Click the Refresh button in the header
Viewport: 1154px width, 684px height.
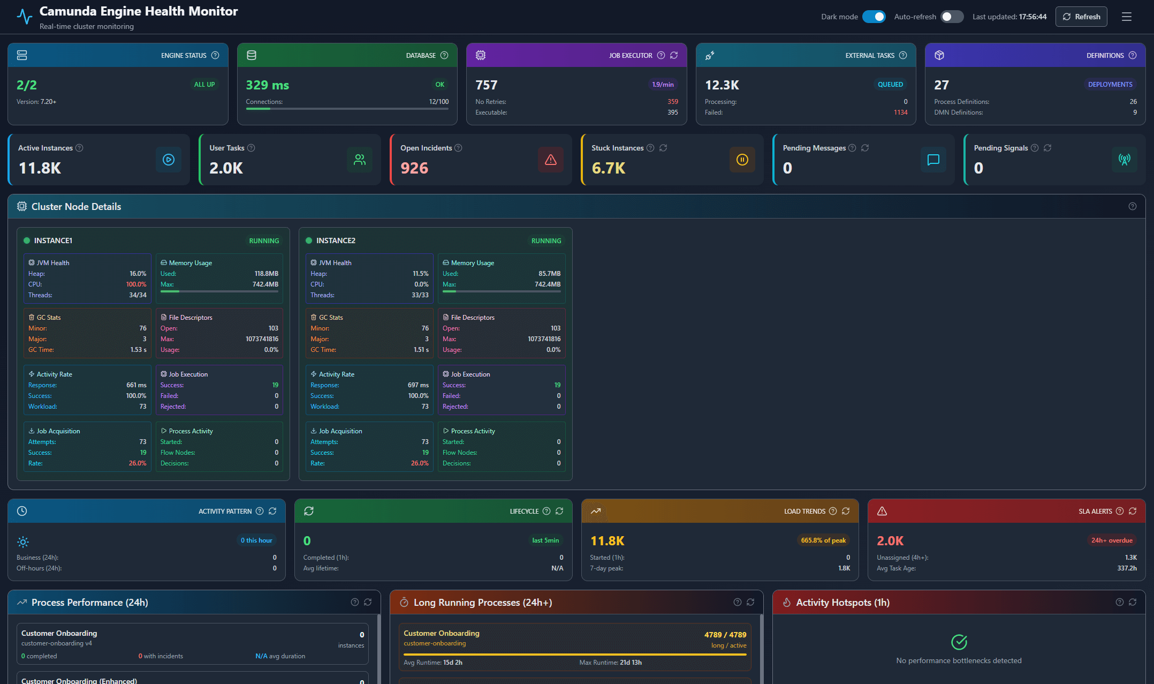click(1081, 17)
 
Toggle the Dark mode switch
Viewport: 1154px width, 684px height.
click(874, 17)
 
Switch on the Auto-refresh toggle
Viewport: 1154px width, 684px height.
click(952, 17)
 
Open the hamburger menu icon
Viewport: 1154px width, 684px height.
click(1126, 17)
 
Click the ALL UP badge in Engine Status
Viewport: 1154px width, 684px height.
click(204, 85)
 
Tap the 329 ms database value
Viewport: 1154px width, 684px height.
click(267, 85)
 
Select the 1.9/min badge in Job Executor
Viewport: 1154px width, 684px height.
click(663, 85)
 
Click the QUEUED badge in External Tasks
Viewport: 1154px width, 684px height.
click(890, 85)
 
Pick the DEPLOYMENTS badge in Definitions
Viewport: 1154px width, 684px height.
click(1110, 85)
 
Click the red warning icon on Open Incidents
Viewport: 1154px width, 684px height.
click(550, 160)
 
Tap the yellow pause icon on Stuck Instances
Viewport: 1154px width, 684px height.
click(742, 160)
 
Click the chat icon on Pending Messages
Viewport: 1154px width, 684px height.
click(933, 160)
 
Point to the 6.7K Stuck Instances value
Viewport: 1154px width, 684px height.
click(609, 168)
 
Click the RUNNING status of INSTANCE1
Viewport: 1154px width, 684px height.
click(264, 241)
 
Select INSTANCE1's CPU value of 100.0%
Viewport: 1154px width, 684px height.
click(136, 284)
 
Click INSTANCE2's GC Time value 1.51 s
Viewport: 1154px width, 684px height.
click(421, 350)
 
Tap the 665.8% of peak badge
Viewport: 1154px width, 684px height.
click(823, 540)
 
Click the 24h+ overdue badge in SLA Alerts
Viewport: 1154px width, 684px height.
click(1112, 540)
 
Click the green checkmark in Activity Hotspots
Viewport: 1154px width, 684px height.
click(959, 642)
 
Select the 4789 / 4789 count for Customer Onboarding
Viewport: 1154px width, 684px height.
click(725, 635)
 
